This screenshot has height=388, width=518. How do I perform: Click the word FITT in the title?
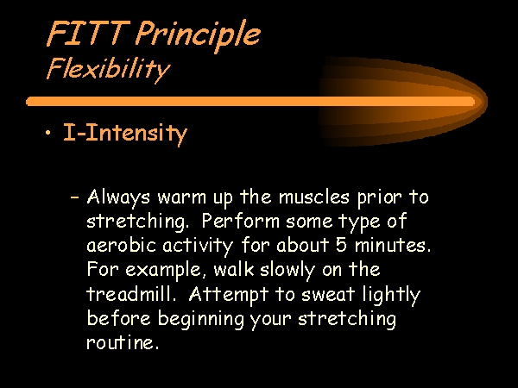tap(88, 34)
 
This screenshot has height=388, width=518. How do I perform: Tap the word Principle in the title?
tap(199, 36)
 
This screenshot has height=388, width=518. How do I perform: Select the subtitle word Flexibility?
tap(108, 70)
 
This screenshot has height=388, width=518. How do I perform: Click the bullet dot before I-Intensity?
tap(48, 133)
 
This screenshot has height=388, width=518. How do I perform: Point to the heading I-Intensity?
tap(125, 134)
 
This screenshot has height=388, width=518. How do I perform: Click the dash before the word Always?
tap(75, 197)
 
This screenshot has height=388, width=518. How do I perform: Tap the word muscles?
tap(314, 197)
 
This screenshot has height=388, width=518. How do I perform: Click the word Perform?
tap(240, 221)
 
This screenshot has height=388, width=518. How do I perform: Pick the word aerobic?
tap(121, 245)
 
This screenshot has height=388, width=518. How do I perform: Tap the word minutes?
tap(393, 246)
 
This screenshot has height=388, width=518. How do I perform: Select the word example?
tap(163, 271)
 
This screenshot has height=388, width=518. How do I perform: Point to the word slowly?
tap(287, 271)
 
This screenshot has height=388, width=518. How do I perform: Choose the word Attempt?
tap(228, 295)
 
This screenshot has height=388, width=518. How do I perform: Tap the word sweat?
tap(328, 294)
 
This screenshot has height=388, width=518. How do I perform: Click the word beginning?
tap(200, 319)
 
